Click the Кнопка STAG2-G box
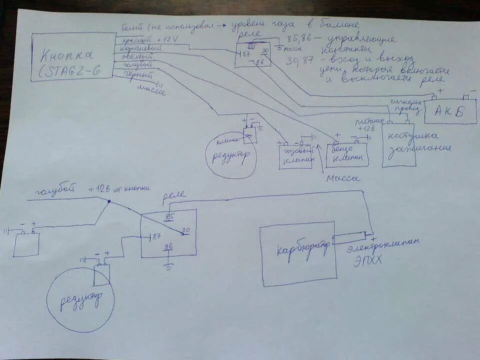(x=73, y=56)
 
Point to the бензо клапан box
(x=347, y=155)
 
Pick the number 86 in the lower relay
(x=168, y=246)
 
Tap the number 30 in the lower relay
(x=185, y=230)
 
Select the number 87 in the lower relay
(x=156, y=236)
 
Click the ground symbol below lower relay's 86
(x=169, y=266)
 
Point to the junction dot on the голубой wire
(x=109, y=202)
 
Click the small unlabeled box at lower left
(x=26, y=244)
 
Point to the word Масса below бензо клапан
(x=343, y=178)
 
